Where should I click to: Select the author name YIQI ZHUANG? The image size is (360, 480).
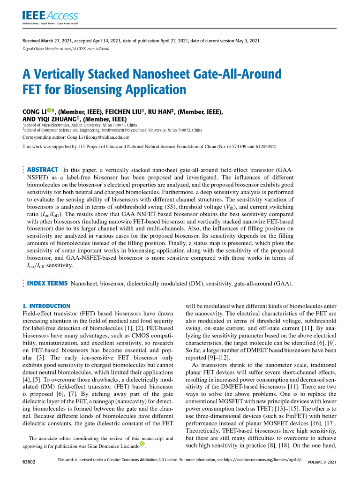pyautogui.click(x=57, y=120)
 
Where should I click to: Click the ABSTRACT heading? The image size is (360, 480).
pyautogui.click(x=43, y=170)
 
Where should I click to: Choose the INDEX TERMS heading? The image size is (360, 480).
pyautogui.click(x=47, y=284)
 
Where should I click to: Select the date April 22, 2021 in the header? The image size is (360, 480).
pyautogui.click(x=195, y=41)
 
